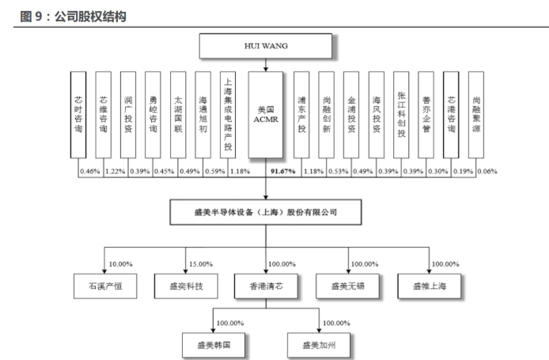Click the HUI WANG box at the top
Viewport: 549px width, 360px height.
(x=265, y=47)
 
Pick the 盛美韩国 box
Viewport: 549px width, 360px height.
(x=211, y=346)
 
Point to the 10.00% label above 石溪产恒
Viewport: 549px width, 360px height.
(x=120, y=263)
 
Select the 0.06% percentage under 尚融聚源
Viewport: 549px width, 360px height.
(x=488, y=171)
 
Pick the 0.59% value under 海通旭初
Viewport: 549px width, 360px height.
(x=215, y=171)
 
